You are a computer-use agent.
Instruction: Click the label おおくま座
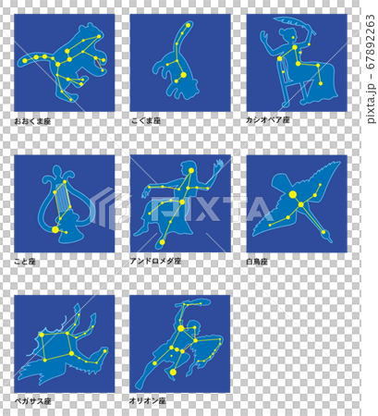point(32,121)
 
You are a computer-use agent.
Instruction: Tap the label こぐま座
point(146,121)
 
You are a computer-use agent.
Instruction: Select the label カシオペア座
point(268,120)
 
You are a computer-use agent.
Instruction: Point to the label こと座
point(25,262)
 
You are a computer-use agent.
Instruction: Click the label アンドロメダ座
point(155,262)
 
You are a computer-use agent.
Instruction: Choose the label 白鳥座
point(257,262)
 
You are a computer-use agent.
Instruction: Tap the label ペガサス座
point(32,401)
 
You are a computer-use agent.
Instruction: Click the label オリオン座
point(148,401)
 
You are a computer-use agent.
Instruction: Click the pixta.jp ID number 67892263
point(371,42)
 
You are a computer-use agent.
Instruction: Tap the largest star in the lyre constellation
point(55,229)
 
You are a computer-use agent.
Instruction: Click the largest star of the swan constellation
point(293,194)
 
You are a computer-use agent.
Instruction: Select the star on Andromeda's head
point(191,170)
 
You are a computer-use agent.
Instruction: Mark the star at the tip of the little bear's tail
point(189,25)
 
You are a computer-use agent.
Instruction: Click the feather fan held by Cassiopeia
point(295,25)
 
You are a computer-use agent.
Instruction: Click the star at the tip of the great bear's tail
point(25,61)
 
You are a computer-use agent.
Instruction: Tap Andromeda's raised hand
point(218,165)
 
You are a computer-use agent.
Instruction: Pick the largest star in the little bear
point(183,75)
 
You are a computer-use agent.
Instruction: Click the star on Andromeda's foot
point(162,242)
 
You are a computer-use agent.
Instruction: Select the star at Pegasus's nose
point(105,350)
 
